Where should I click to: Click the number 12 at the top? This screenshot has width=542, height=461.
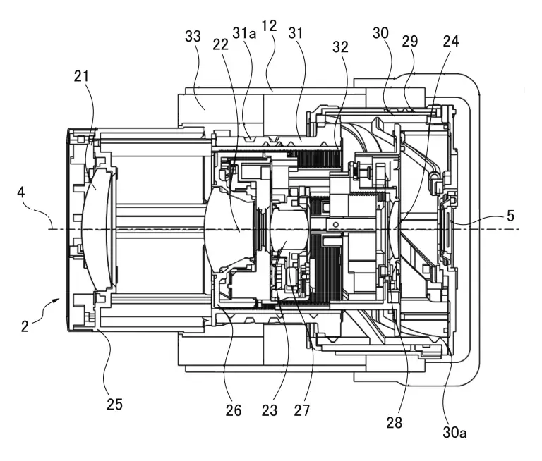[269, 26]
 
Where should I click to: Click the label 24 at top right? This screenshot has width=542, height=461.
[450, 42]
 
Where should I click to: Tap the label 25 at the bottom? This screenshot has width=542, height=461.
[114, 404]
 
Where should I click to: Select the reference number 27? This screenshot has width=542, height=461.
[305, 410]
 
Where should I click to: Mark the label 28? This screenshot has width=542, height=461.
[394, 422]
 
